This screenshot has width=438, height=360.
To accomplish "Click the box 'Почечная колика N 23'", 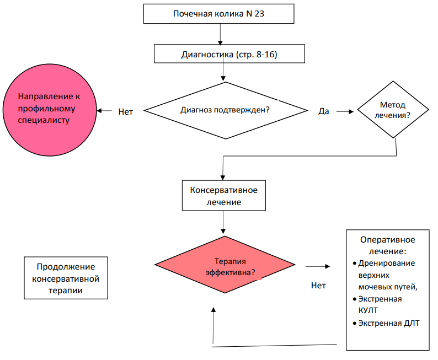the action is click(218, 14).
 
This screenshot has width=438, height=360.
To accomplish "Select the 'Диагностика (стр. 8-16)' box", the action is click(229, 53).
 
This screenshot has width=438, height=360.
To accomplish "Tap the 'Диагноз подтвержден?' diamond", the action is click(226, 110).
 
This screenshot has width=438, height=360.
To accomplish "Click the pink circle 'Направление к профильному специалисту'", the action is click(50, 110).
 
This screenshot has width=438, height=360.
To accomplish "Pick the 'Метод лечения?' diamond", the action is click(393, 109).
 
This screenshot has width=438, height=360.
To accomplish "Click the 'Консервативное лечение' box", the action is click(224, 195).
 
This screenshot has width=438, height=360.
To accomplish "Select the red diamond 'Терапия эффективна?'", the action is click(225, 265).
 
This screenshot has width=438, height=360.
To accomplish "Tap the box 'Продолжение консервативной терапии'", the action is click(66, 278).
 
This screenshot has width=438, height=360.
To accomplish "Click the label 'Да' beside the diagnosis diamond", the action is click(324, 111).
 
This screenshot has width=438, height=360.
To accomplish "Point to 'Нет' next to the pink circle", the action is click(125, 111).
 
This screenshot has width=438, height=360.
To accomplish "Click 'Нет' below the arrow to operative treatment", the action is click(318, 286).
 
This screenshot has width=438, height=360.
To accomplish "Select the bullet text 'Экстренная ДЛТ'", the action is click(389, 323).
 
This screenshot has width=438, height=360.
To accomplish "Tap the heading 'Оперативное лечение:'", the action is click(388, 245).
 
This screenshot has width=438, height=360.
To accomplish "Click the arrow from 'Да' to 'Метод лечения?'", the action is click(345, 111).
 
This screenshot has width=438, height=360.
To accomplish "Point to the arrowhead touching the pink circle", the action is click(99, 111).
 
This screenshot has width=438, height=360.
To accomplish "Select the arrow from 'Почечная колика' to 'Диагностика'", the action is click(221, 34).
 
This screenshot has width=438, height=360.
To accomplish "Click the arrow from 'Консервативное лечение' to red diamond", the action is click(223, 222).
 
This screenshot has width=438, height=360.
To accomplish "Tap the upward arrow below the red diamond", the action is click(213, 325).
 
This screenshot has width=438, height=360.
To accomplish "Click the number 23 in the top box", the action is click(259, 14).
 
